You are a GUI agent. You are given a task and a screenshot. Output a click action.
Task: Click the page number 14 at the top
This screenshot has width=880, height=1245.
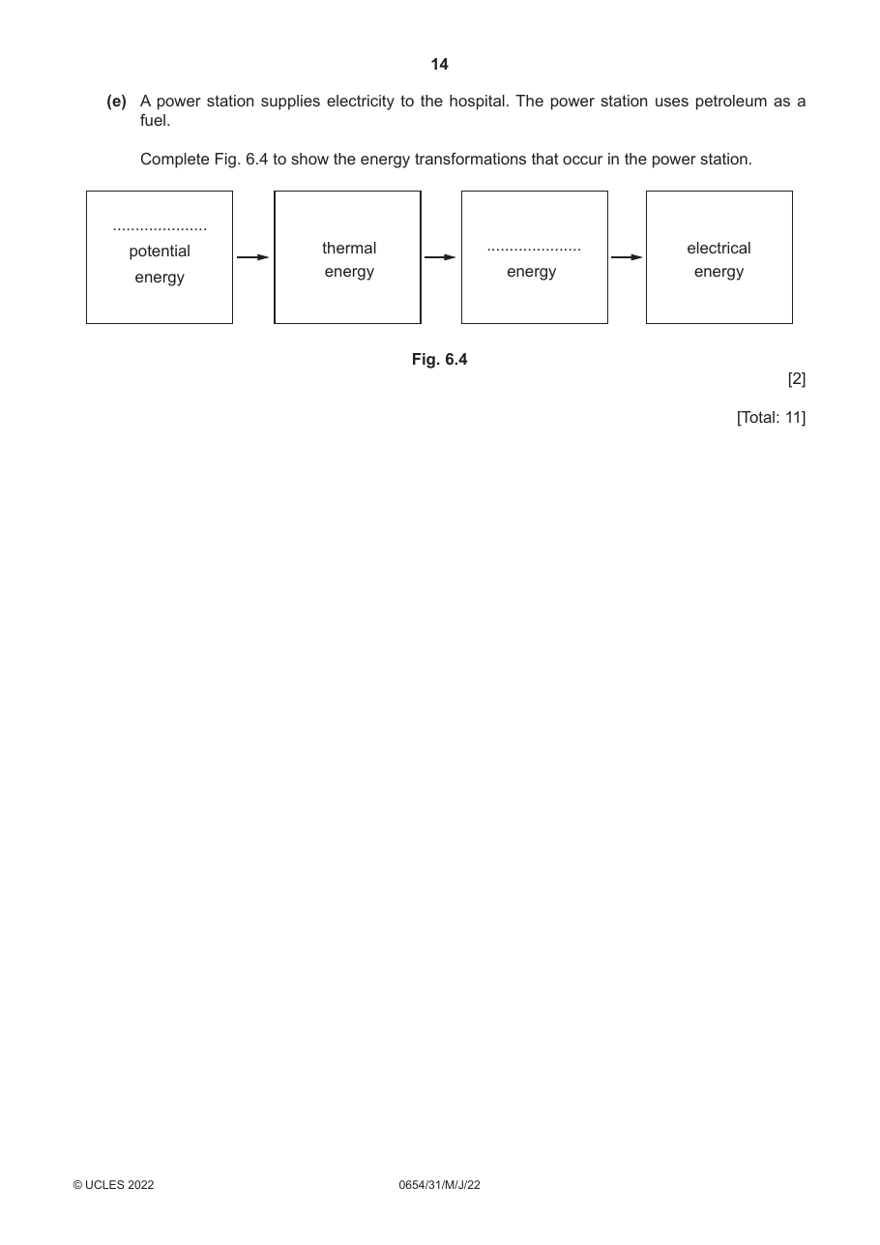click(439, 65)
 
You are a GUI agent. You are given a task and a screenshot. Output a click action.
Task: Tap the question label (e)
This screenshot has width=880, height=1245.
click(117, 102)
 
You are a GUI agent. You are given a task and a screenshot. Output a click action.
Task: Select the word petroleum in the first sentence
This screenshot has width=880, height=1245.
click(730, 102)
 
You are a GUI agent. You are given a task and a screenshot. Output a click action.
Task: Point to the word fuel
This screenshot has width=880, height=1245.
click(155, 121)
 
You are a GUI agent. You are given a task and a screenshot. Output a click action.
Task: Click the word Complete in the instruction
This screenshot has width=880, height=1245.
click(174, 160)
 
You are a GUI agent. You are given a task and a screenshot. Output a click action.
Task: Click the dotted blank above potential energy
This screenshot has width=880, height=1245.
click(160, 229)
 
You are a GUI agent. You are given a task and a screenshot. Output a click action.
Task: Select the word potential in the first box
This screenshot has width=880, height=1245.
click(160, 252)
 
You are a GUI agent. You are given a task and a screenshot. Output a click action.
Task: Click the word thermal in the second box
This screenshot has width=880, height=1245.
click(349, 248)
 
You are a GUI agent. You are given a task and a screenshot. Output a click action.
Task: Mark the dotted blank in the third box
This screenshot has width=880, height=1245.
click(534, 250)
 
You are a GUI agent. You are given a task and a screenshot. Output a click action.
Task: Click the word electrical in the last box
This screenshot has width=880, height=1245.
click(719, 248)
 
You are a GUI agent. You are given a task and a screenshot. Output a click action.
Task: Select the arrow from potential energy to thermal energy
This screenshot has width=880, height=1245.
click(252, 257)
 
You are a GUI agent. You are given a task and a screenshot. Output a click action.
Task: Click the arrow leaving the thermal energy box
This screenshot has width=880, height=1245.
click(440, 257)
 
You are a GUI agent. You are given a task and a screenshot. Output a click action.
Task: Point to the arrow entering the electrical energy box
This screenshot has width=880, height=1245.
click(627, 257)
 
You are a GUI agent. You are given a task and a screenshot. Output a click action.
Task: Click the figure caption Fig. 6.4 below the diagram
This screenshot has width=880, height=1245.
click(439, 360)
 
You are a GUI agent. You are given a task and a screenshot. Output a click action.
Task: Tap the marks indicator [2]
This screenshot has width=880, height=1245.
click(796, 379)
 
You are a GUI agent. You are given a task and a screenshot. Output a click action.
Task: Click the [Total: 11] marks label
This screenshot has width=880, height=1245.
click(771, 417)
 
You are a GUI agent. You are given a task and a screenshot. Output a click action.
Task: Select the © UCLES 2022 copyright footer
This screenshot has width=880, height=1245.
click(113, 1185)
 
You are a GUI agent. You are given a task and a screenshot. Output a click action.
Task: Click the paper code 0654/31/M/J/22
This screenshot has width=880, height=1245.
click(439, 1185)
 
